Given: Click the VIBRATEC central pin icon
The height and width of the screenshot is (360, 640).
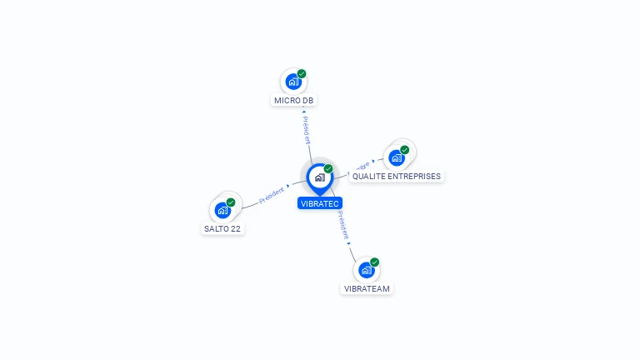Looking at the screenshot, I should click(319, 177).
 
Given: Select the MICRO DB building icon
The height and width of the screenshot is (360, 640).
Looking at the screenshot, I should click(293, 82).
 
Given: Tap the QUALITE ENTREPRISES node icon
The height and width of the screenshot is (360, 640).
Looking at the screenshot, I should click(397, 157).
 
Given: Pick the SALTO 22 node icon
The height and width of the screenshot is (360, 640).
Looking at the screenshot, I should click(222, 210).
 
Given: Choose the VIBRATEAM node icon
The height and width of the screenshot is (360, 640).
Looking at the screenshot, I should click(366, 270).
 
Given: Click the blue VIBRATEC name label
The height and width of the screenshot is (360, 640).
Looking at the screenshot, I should click(320, 202).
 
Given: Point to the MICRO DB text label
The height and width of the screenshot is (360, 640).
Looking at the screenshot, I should click(294, 101).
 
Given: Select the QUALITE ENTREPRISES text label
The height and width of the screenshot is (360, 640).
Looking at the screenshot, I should click(397, 177).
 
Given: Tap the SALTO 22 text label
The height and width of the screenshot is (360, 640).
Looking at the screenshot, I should click(222, 228).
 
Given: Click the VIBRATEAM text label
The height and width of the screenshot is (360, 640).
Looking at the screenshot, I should click(367, 288).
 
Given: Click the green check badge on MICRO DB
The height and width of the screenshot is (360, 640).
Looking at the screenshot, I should click(302, 74).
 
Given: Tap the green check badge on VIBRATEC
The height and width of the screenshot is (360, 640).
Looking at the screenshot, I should click(328, 169).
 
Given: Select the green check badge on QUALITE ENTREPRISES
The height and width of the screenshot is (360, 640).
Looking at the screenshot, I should click(405, 150).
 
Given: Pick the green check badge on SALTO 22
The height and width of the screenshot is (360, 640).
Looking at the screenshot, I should click(231, 202).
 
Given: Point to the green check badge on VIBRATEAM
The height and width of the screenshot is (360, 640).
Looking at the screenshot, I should click(375, 262).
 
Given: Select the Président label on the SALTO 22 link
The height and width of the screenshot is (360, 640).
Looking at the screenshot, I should click(272, 195).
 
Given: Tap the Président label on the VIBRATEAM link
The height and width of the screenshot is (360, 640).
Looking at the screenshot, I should click(342, 224).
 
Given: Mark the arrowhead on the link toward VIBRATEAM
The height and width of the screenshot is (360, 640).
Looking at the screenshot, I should click(349, 242).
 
